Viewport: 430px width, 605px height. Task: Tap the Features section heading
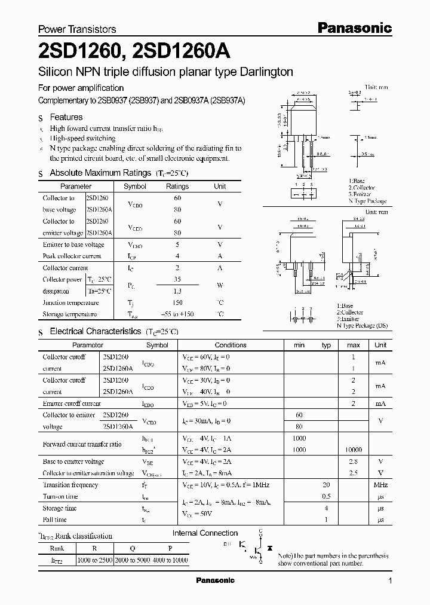[66, 117]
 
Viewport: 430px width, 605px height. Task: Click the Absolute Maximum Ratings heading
[100, 173]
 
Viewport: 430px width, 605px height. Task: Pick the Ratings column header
[177, 187]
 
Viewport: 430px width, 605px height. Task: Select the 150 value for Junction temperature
[177, 302]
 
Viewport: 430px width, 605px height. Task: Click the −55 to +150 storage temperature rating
[177, 314]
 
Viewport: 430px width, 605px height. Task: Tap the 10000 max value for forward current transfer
[353, 450]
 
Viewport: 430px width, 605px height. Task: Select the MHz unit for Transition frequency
[380, 485]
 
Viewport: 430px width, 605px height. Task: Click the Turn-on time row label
[60, 496]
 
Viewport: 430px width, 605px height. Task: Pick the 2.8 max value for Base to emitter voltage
[353, 462]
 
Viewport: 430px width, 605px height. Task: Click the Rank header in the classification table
[57, 548]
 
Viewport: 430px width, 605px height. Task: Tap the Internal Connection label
[205, 533]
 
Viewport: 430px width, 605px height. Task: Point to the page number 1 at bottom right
[390, 581]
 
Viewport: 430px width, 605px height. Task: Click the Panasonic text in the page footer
[215, 580]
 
